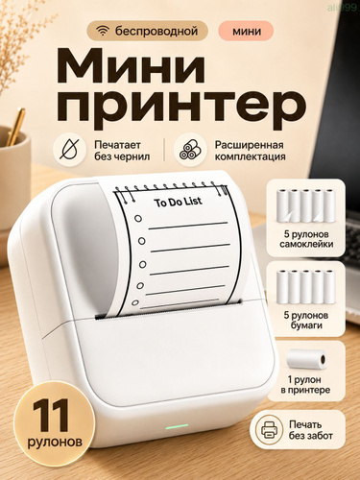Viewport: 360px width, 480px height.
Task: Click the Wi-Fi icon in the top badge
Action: (103, 32)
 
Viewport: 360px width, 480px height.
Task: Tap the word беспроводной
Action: (156, 31)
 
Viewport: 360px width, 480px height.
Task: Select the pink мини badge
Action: (246, 31)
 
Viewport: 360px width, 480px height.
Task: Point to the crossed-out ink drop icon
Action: (69, 150)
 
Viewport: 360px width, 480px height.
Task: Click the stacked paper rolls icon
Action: (190, 150)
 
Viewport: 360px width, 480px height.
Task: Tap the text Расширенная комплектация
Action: (250, 151)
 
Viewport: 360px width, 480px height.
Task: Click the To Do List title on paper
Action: (178, 202)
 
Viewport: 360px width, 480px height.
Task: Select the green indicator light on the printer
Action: (177, 427)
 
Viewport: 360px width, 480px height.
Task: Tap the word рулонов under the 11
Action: (55, 442)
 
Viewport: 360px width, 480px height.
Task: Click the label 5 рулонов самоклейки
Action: (306, 239)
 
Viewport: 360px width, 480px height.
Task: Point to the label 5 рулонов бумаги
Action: (306, 321)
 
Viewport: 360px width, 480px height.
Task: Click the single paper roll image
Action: (306, 359)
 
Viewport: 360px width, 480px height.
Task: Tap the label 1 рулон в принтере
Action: (305, 385)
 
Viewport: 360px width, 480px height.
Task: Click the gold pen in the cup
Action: (16, 127)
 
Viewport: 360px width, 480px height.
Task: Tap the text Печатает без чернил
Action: (122, 151)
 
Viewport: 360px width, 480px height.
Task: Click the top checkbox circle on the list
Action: (138, 219)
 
